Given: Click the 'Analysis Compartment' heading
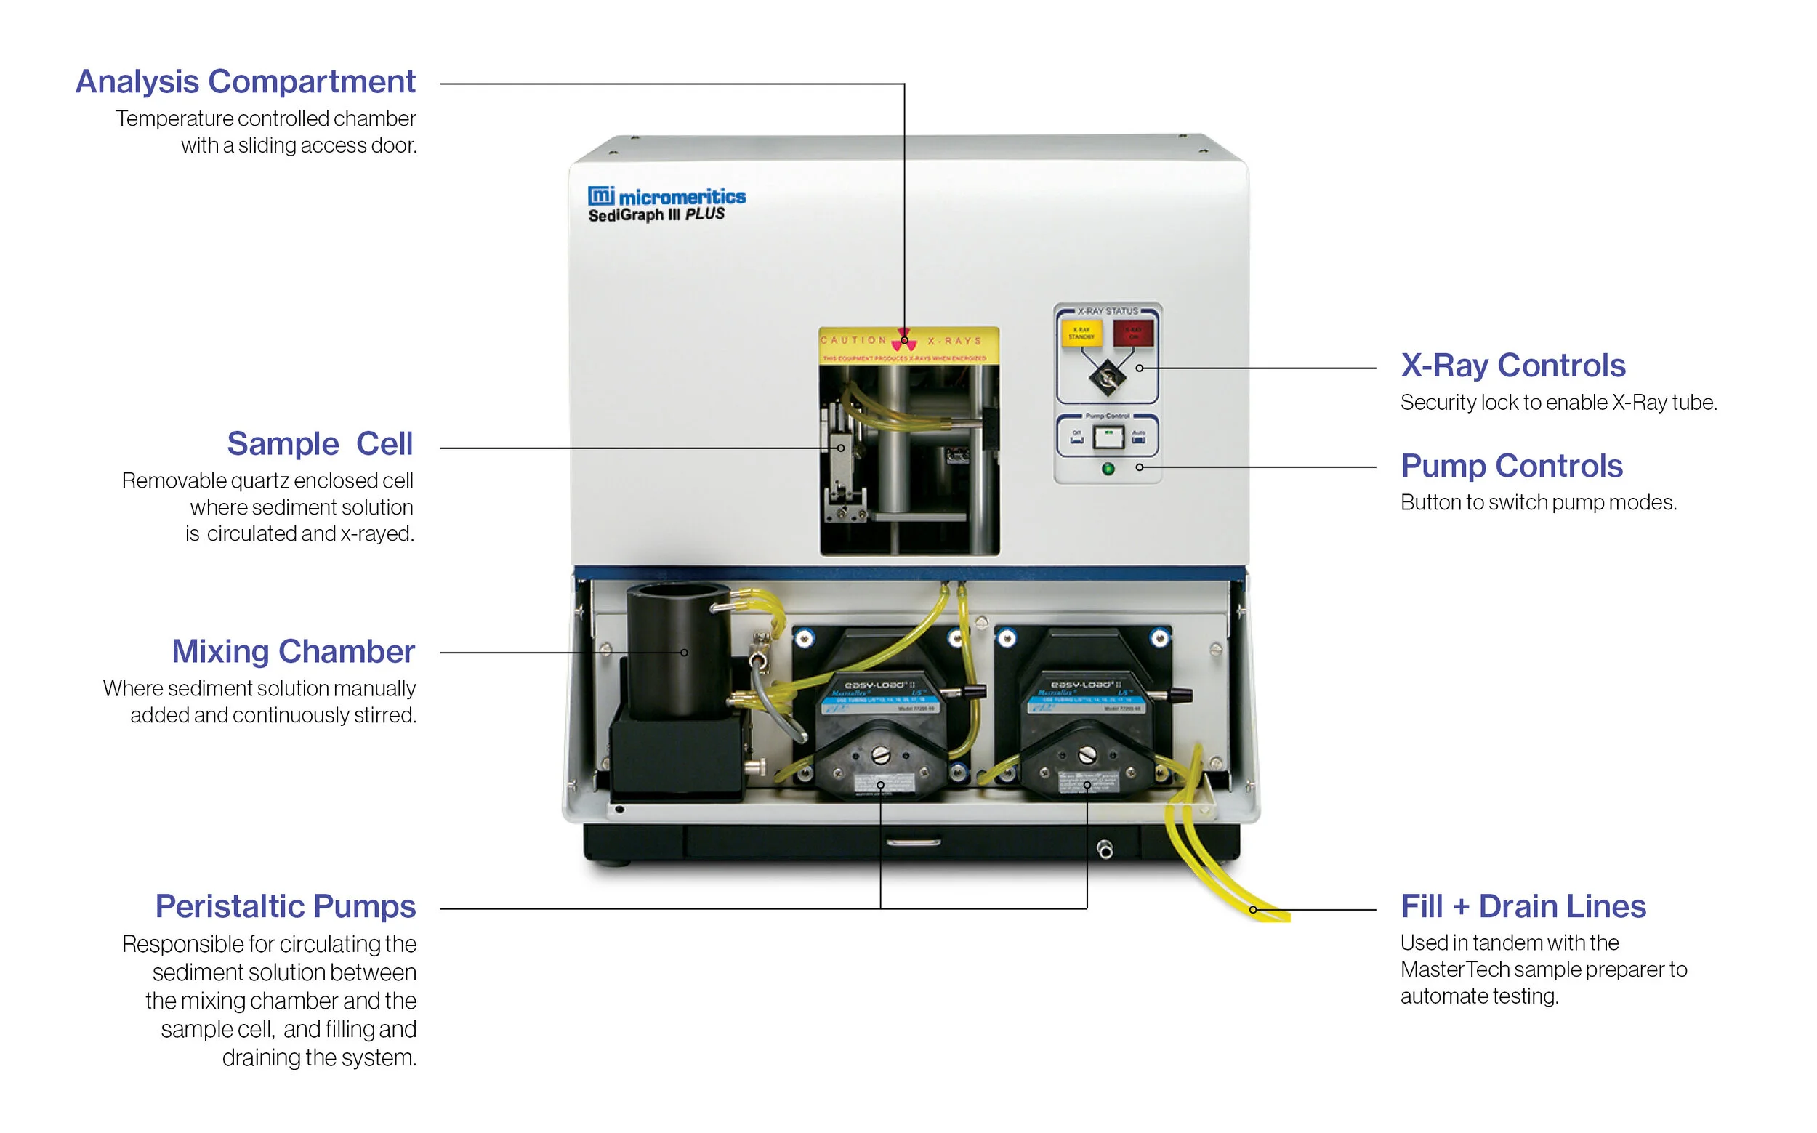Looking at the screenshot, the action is point(245,81).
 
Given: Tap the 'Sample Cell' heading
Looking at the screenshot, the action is point(320,443).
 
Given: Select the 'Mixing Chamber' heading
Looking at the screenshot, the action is point(293,651).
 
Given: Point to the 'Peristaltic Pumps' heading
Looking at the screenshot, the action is point(285,907).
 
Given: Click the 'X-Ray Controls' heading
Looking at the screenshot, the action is point(1512,366).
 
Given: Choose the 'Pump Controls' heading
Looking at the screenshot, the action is point(1511,466).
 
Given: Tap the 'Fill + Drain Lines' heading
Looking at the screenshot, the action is point(1523,907).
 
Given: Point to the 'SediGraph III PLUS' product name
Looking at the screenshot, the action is point(656,215).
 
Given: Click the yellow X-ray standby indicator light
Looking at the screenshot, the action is point(1081,333).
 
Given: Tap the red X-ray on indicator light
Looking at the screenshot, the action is point(1133,333).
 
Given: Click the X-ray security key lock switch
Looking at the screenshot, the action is point(1108,377).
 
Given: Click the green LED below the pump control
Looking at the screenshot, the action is point(1108,469).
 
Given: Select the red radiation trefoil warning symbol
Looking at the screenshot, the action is point(904,340).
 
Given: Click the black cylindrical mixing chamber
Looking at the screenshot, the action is point(678,652).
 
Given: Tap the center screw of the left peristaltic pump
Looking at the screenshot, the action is point(881,756).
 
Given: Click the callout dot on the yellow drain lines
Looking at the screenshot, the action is point(1253,910).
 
